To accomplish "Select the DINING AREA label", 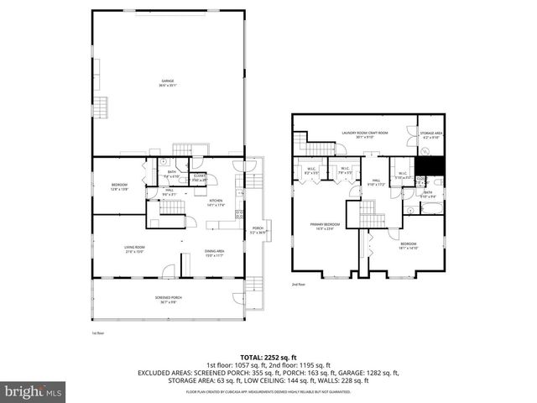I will click(215, 253).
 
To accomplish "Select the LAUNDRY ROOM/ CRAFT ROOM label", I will click(364, 133).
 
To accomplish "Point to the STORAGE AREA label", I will click(432, 133).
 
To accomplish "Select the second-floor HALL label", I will click(375, 181).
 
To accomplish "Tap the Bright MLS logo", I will click(33, 390).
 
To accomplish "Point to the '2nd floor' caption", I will click(298, 285).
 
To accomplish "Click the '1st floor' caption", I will click(97, 332).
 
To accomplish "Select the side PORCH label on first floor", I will click(258, 229).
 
